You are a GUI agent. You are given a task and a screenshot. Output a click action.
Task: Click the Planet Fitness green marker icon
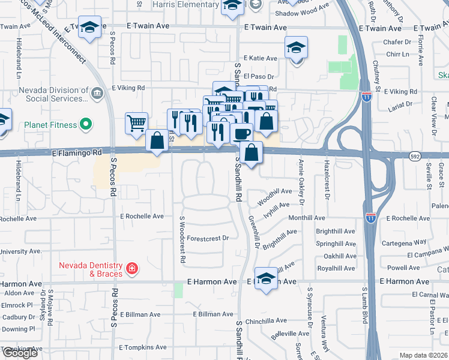[x=86, y=125]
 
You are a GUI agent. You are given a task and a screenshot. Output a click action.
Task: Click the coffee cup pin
[x=242, y=133]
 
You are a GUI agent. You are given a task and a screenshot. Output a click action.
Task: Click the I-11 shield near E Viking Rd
[x=367, y=95]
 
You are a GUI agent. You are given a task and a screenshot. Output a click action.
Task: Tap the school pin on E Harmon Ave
[x=266, y=279]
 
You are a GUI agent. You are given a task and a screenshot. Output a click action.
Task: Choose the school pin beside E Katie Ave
[x=296, y=47]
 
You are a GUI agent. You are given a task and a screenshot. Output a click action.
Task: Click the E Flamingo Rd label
[x=76, y=153]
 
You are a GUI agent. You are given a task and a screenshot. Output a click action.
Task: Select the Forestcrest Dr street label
[x=208, y=238]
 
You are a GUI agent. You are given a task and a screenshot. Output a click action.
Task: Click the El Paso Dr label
[x=261, y=77]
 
